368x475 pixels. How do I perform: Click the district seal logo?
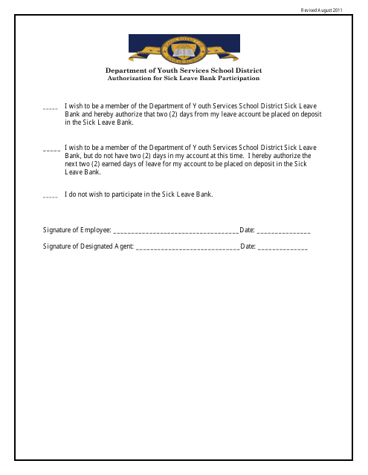pos(183,50)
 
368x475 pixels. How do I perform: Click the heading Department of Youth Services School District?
pos(184,71)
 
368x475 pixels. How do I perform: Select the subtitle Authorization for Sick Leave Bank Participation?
pos(184,78)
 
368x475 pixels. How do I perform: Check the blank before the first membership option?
pos(51,108)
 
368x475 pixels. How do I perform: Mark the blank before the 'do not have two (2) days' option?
pos(52,150)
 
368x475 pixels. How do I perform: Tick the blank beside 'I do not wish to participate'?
pos(51,196)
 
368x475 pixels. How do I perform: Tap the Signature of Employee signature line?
pos(175,232)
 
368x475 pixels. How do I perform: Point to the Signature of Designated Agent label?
pos(88,246)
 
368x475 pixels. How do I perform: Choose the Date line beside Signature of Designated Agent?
pos(283,247)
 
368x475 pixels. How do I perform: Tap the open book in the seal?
pos(183,51)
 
